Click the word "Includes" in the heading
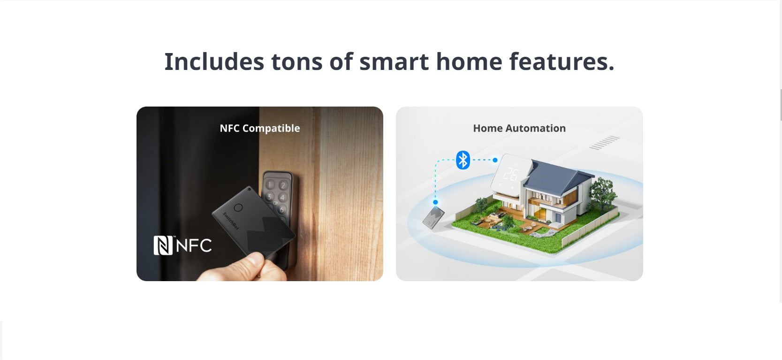point(214,61)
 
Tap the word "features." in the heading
point(562,61)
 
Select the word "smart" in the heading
point(394,62)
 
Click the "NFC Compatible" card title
point(260,128)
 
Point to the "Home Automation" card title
point(519,128)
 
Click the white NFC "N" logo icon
point(163,245)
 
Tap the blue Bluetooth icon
point(463,160)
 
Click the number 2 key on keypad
point(283,185)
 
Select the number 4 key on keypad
point(282,198)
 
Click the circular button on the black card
point(238,208)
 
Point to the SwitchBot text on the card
point(231,221)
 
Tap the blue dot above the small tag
point(435,202)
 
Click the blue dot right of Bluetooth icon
point(495,160)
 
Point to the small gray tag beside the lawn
point(433,217)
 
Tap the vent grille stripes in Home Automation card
point(605,143)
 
